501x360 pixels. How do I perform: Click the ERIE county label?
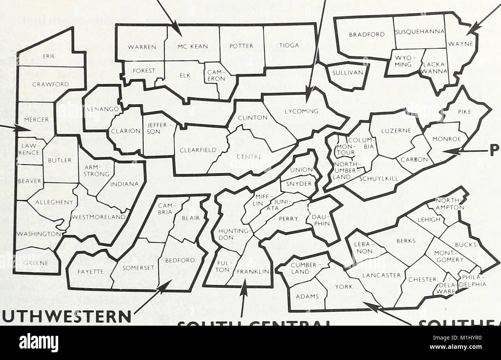click(x=49, y=56)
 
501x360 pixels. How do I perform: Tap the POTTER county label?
click(x=241, y=46)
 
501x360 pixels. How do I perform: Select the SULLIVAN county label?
click(x=345, y=72)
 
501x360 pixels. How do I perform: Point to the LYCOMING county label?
click(x=302, y=112)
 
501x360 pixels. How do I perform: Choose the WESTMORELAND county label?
click(x=99, y=217)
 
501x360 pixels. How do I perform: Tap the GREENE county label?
click(x=35, y=263)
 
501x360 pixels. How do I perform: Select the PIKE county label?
click(x=464, y=112)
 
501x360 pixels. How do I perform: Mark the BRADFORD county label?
click(x=367, y=34)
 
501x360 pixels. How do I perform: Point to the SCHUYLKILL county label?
click(x=379, y=178)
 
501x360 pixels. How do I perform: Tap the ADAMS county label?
click(x=307, y=296)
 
